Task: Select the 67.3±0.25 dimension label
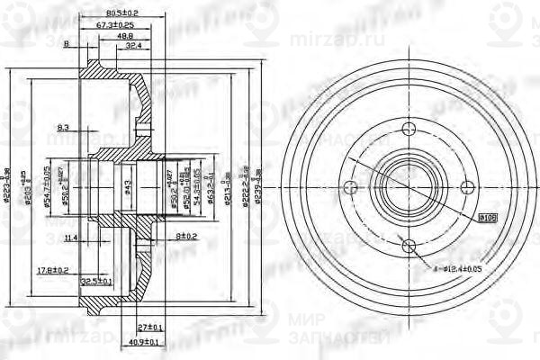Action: [115, 25]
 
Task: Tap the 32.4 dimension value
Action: [134, 45]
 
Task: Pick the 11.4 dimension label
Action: [72, 238]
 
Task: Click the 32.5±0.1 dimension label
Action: [96, 281]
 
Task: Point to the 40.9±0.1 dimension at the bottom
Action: [144, 342]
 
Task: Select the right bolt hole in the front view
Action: [466, 187]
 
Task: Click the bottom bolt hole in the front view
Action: [408, 246]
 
